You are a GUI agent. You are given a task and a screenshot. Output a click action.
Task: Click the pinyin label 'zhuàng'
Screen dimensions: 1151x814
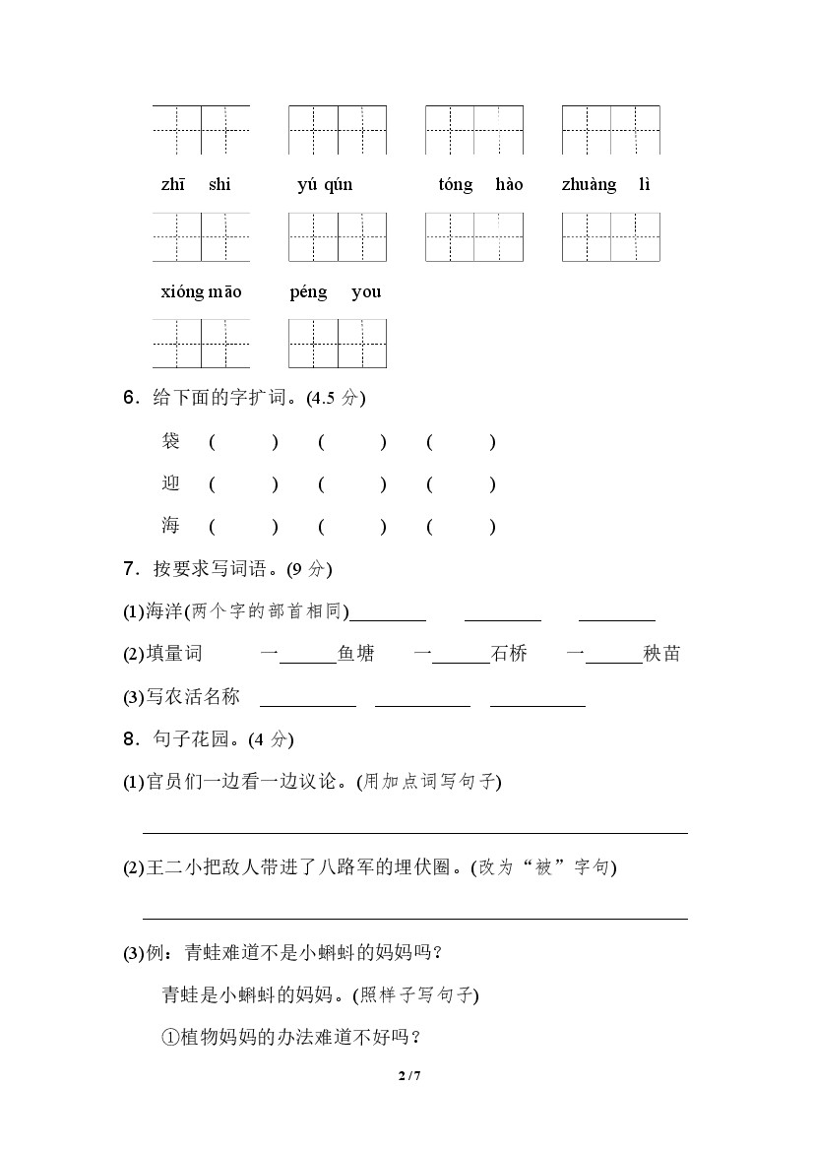[589, 185]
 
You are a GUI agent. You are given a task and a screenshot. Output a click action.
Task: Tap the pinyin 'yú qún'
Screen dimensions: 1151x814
[325, 185]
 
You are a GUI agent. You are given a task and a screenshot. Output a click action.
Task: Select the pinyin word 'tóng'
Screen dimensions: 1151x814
[456, 185]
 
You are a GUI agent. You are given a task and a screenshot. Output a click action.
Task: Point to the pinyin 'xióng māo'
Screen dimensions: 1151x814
[201, 292]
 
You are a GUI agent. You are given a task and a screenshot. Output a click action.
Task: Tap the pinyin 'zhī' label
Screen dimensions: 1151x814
[171, 185]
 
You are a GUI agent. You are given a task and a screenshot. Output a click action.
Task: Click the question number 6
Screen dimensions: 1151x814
[129, 399]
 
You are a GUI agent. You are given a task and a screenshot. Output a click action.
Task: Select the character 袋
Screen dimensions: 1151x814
[171, 442]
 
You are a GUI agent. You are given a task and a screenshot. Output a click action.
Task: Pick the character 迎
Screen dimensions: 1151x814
[171, 483]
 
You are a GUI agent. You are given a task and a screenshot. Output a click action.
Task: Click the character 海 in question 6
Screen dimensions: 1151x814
[171, 526]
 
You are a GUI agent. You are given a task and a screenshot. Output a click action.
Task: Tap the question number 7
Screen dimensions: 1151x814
[129, 569]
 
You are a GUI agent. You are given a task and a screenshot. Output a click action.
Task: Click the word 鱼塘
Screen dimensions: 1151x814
[355, 654]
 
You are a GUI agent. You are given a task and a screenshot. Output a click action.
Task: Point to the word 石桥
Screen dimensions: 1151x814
[509, 654]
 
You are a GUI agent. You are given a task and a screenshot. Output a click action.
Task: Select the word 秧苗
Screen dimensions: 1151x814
[661, 654]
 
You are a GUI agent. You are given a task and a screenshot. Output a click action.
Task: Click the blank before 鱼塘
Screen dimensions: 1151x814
[308, 656]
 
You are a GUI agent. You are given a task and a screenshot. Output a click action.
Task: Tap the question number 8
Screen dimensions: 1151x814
[129, 739]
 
